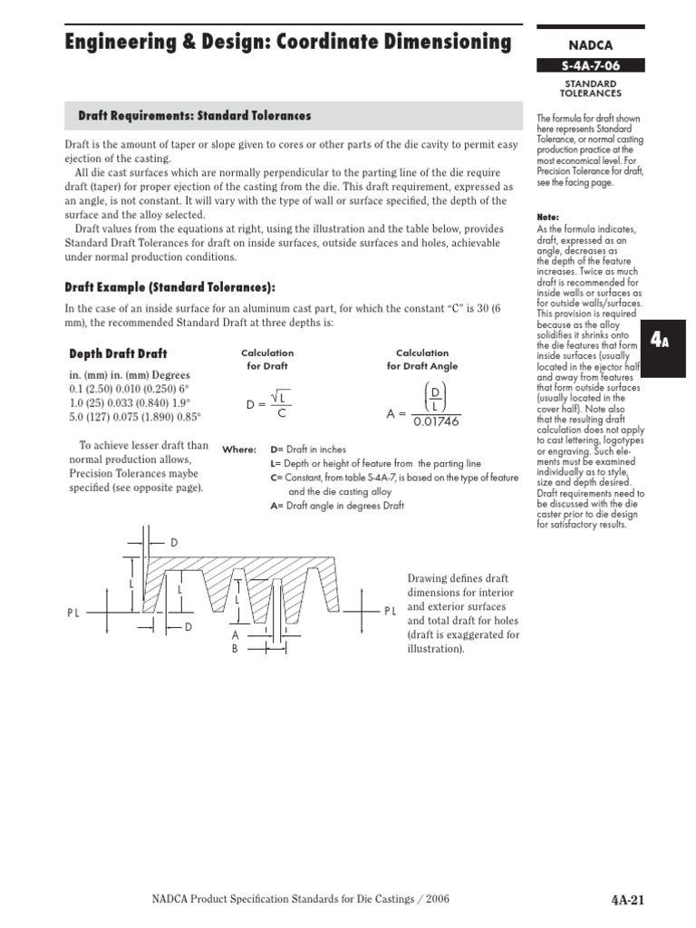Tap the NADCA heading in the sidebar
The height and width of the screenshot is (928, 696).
[x=590, y=43]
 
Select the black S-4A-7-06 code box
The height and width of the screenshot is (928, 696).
[x=590, y=65]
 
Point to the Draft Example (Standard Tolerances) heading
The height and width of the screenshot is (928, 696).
[x=169, y=286]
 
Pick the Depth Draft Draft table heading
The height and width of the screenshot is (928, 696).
[x=118, y=353]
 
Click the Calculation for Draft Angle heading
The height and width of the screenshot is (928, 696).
[x=422, y=359]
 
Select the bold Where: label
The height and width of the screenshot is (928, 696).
[x=239, y=449]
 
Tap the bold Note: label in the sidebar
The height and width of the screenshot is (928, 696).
[x=547, y=217]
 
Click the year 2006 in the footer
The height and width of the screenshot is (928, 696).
[x=432, y=899]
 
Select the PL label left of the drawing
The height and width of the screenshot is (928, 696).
[x=73, y=614]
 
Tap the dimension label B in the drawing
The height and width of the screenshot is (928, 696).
[x=234, y=649]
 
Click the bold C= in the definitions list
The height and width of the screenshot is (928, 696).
[x=276, y=478]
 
